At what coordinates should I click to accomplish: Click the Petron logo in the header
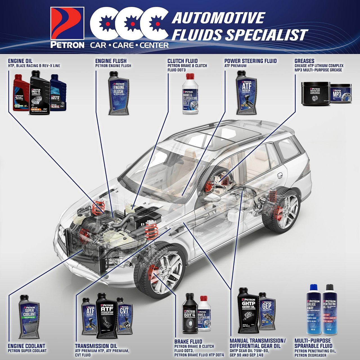pyautogui.click(x=67, y=27)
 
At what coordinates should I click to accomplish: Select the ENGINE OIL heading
pyautogui.click(x=20, y=61)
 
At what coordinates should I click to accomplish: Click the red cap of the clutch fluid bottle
pyautogui.click(x=190, y=76)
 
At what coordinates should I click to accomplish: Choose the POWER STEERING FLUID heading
pyautogui.click(x=250, y=61)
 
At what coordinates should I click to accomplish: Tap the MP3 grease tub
pyautogui.click(x=340, y=94)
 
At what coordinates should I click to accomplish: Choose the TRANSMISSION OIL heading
pyautogui.click(x=96, y=346)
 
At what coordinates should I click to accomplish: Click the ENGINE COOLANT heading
pyautogui.click(x=26, y=346)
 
